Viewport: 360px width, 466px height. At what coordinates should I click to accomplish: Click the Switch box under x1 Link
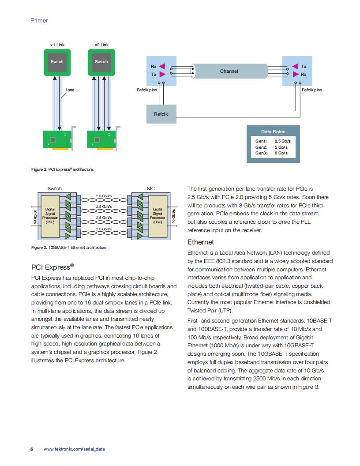point(57,62)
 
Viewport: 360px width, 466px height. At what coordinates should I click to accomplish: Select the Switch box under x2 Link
point(101,62)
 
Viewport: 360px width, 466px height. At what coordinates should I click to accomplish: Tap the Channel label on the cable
point(229,71)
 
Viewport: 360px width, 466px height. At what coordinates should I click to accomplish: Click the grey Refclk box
point(161,114)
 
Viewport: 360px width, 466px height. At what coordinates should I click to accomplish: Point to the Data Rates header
point(273,132)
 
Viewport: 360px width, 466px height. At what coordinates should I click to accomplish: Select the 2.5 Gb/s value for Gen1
point(282,141)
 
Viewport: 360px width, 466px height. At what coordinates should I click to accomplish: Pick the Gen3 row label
point(261,153)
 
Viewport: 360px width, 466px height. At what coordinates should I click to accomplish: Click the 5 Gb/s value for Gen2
point(281,147)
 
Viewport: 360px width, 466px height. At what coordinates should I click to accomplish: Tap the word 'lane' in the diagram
point(70,90)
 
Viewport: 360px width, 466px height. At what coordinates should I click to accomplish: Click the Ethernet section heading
point(200,242)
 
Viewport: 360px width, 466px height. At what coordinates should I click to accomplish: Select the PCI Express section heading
point(52,267)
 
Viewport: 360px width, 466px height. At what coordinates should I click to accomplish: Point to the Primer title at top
point(39,20)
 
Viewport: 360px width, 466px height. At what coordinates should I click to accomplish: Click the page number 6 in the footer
point(32,449)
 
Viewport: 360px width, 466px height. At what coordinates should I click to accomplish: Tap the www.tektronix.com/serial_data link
point(74,449)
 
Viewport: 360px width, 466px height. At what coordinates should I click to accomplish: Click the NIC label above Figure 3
point(150,188)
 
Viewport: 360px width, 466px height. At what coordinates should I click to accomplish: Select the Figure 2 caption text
point(63,169)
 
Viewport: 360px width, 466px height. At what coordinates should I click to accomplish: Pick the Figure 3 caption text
point(69,247)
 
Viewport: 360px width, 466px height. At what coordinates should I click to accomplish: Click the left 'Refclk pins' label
point(147,90)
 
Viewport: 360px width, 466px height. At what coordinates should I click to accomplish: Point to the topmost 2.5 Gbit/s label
point(104,196)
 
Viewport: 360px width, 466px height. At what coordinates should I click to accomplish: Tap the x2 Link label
point(101,45)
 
